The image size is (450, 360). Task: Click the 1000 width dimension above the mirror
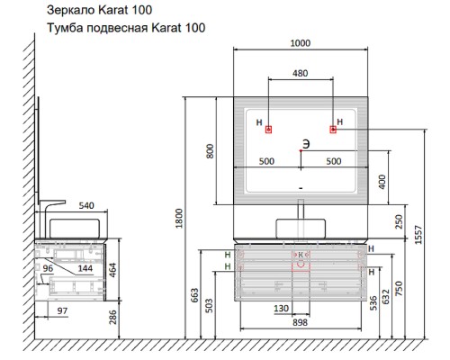(301, 43)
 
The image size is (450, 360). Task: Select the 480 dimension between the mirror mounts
(301, 73)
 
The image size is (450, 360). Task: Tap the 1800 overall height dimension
(179, 219)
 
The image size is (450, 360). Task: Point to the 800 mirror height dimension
(210, 151)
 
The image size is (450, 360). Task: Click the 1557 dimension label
(418, 235)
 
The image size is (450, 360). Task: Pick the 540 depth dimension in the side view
(86, 205)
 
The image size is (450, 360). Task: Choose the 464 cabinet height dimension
(112, 270)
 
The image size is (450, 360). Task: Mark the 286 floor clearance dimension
(112, 317)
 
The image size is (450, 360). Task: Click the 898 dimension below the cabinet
(301, 322)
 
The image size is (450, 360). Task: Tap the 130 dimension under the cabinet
(282, 309)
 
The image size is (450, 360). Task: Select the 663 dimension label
(194, 295)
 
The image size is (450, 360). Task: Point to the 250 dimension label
(399, 221)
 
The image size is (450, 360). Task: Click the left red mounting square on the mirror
(269, 130)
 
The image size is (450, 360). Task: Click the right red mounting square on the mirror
(333, 130)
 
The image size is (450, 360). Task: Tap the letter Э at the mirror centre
(306, 144)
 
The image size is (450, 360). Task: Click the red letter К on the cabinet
(301, 255)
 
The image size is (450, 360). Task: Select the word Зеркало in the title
(70, 10)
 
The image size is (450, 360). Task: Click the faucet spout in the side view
(53, 202)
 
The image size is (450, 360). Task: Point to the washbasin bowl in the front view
(301, 229)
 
